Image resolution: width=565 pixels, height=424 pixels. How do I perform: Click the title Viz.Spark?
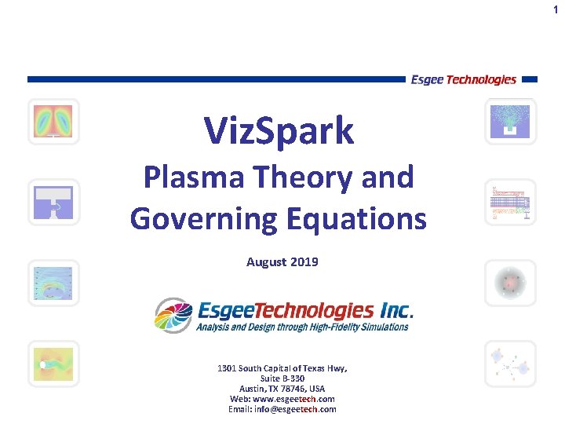tap(279, 130)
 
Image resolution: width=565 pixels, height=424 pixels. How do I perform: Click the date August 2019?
tap(282, 262)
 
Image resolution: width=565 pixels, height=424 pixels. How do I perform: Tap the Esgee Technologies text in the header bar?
tap(463, 79)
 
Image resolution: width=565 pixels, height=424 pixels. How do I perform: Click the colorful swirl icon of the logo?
tap(173, 316)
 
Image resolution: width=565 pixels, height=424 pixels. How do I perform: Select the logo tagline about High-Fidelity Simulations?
tap(302, 327)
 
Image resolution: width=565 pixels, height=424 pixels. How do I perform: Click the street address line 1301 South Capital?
tap(282, 368)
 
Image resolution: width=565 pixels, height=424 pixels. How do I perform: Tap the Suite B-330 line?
tap(282, 378)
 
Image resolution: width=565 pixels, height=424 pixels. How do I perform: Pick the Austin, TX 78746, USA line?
tap(282, 389)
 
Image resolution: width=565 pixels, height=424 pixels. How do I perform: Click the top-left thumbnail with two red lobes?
tap(53, 122)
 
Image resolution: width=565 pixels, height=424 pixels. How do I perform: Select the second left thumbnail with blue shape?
tap(53, 202)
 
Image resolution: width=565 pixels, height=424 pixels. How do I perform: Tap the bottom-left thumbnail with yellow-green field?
tap(53, 364)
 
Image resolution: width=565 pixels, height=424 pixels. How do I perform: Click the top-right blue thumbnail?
tap(510, 122)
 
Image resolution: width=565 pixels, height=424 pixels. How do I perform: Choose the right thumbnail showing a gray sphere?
tap(510, 282)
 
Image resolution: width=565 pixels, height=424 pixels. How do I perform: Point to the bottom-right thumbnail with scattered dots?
tap(510, 364)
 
